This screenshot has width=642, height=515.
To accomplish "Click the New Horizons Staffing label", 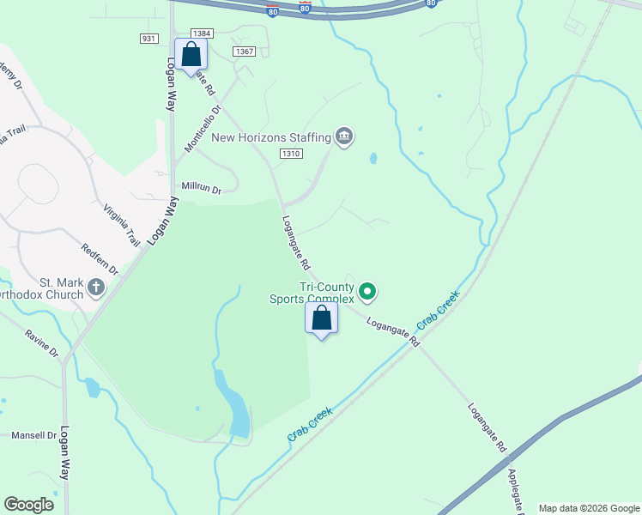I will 271,136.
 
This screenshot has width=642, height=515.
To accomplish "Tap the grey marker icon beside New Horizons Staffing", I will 344,136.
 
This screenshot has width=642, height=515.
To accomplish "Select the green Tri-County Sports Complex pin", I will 367,293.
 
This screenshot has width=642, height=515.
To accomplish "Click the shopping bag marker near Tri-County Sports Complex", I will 322,319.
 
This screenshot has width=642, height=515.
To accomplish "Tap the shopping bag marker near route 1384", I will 191,55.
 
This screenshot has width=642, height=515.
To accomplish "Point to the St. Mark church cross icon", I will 96,288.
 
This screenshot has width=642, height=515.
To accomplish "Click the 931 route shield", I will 148,39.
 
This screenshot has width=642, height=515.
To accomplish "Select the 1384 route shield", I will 202,33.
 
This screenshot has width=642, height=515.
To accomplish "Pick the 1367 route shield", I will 245,51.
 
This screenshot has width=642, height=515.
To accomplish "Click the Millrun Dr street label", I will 202,186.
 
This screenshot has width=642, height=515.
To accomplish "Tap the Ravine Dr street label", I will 41,344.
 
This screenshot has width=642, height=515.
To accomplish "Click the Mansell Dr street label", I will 33,435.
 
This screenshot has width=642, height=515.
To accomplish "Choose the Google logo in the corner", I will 29,505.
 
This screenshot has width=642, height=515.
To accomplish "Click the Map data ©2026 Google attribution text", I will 589,508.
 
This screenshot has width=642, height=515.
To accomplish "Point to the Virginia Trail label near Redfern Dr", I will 121,226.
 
